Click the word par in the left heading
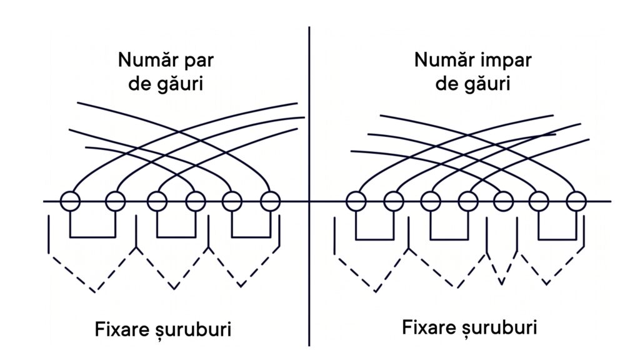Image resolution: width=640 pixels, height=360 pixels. [x=197, y=61]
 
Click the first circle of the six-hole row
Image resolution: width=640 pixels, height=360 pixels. [x=70, y=201]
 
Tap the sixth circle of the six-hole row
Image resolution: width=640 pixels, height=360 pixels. [x=270, y=201]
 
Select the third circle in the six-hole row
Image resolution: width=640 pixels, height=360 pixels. [x=157, y=201]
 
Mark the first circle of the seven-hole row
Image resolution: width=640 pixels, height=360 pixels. [x=356, y=201]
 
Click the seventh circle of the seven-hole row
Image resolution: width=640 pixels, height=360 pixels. [x=576, y=201]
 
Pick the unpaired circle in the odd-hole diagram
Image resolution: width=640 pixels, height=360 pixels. [x=503, y=201]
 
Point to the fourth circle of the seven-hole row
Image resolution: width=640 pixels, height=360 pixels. [x=468, y=201]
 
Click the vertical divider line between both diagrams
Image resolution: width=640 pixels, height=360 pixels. [x=309, y=186]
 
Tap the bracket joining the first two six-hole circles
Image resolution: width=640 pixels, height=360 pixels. [x=92, y=237]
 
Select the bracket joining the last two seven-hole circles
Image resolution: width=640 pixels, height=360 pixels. [x=557, y=239]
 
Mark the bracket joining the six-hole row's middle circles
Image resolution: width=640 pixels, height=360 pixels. [x=176, y=237]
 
